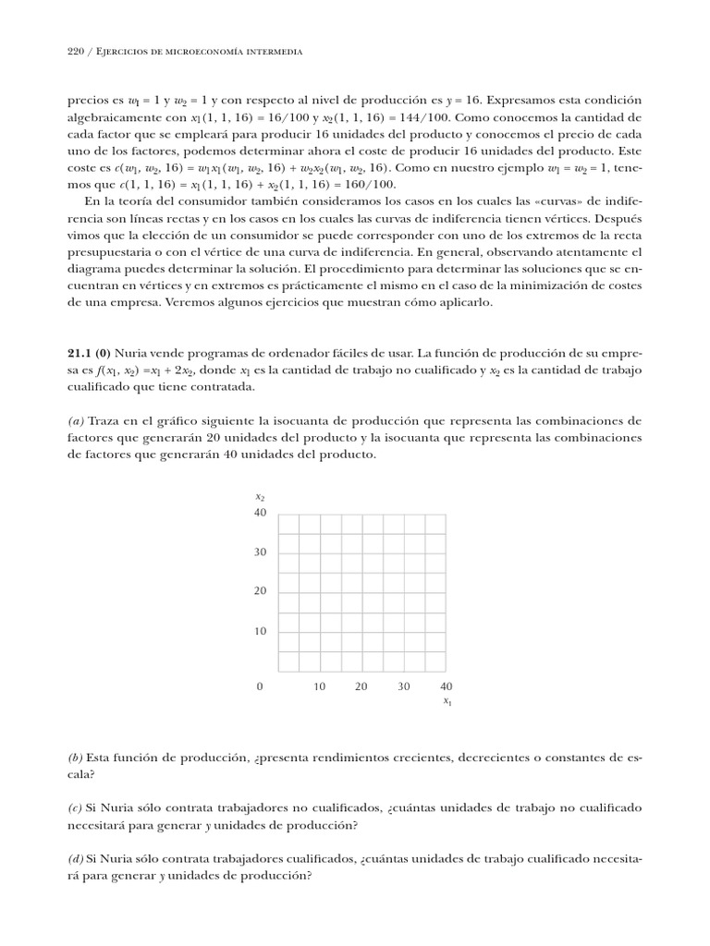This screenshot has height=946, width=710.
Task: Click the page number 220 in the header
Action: [77, 52]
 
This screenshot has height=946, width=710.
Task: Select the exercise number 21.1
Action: [81, 353]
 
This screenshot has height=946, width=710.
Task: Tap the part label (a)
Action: [77, 421]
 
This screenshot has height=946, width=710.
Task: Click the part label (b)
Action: [77, 758]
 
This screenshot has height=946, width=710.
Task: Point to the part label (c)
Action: [77, 807]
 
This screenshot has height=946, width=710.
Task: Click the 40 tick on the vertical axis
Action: [260, 513]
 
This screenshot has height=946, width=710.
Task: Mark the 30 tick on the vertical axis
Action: [260, 552]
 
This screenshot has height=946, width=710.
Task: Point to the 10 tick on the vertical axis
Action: [260, 632]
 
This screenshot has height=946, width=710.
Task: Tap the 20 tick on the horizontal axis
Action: [361, 686]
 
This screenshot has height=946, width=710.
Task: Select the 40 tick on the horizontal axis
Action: [447, 686]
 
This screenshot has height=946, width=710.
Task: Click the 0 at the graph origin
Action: [260, 686]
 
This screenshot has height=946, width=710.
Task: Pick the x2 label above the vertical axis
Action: [260, 497]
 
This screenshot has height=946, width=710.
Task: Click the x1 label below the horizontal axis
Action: [447, 702]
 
